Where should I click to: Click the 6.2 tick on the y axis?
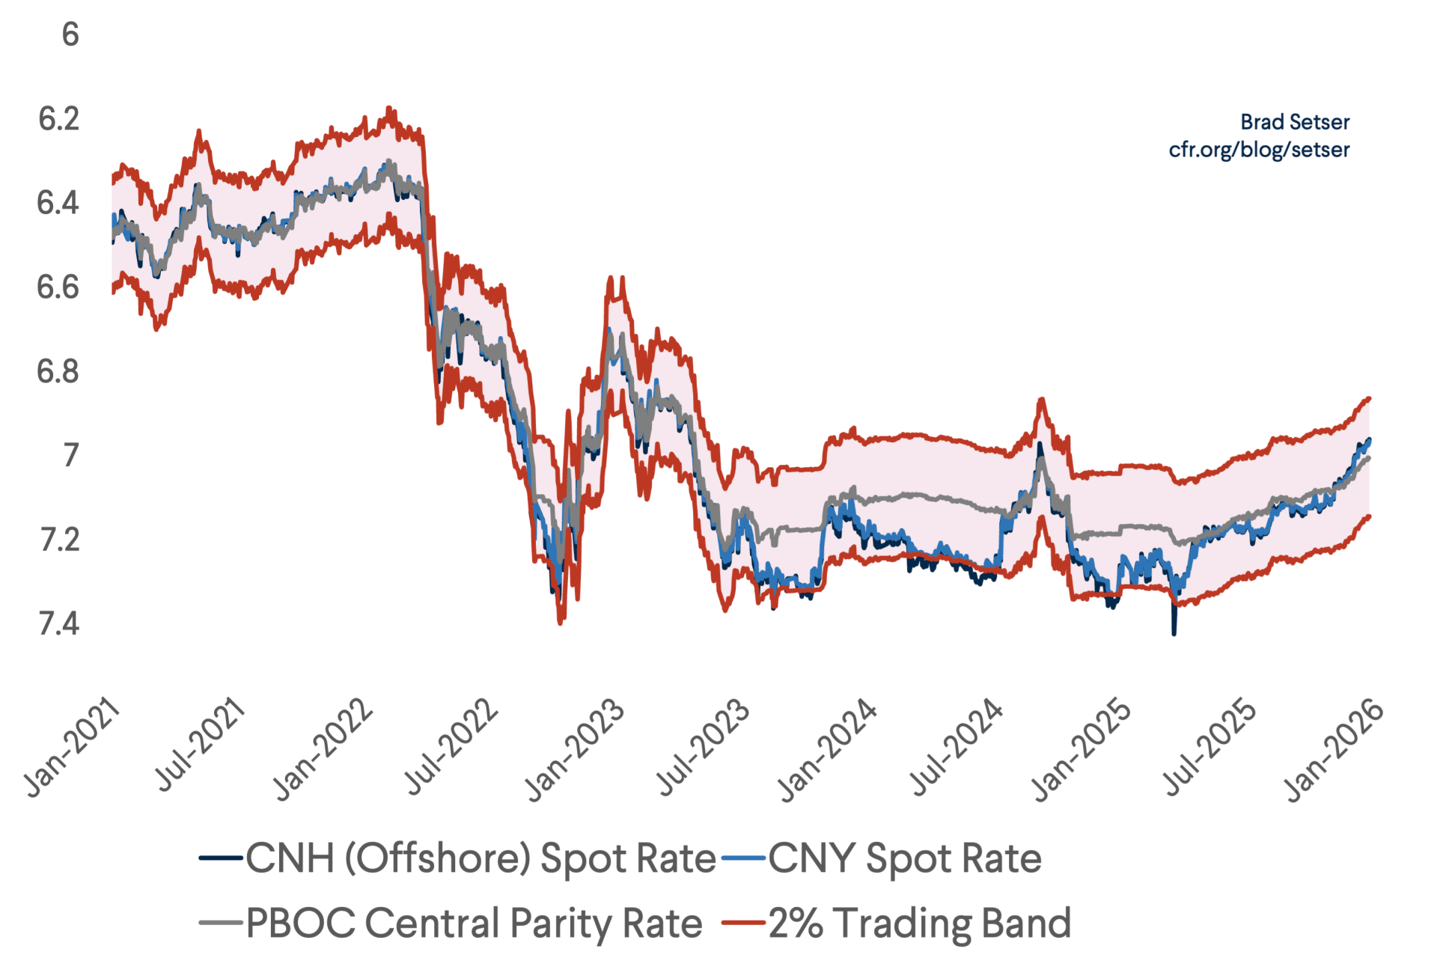pyautogui.click(x=58, y=119)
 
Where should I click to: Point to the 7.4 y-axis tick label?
pyautogui.click(x=58, y=623)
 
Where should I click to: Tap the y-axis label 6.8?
pyautogui.click(x=58, y=371)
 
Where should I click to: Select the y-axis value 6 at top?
pyautogui.click(x=70, y=34)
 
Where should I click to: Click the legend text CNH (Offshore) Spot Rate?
pyautogui.click(x=480, y=858)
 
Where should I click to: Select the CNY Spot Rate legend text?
pyautogui.click(x=904, y=858)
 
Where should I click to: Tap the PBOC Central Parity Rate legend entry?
pyautogui.click(x=474, y=923)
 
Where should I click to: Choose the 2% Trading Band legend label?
pyautogui.click(x=920, y=923)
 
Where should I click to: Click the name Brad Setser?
pyautogui.click(x=1295, y=122)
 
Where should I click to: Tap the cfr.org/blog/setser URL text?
pyautogui.click(x=1259, y=150)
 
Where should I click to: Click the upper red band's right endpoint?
pyautogui.click(x=1369, y=398)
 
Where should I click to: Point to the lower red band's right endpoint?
pyautogui.click(x=1369, y=516)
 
